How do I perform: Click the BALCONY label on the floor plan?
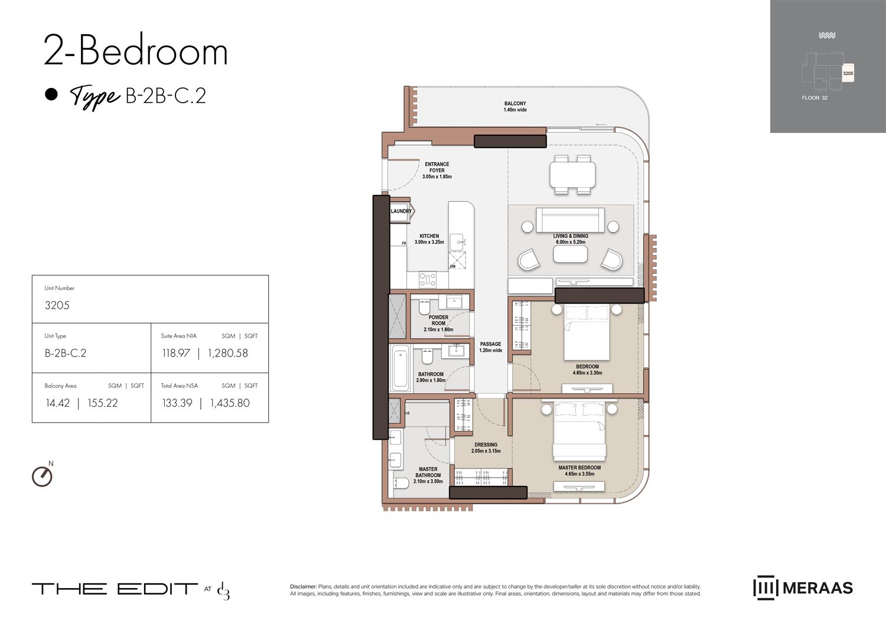coord(514,106)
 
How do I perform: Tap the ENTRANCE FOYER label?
coord(437,170)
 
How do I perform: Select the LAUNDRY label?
coord(401,211)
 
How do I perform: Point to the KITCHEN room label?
coord(429,239)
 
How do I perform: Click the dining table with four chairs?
coord(572,175)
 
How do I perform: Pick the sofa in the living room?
coord(570,220)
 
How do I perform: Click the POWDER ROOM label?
coord(438,323)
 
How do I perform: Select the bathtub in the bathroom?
coord(400,368)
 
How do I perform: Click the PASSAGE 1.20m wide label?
coord(490,347)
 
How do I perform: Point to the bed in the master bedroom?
coord(579,431)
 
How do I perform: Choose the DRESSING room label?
coord(486,448)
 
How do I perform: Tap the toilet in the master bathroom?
coord(400,484)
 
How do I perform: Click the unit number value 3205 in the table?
coord(57,305)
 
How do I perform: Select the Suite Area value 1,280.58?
coord(228,353)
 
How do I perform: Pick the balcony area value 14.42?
coord(58,403)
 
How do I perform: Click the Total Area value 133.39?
coord(177,403)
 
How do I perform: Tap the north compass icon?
coord(42,476)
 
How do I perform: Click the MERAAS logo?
coord(803,588)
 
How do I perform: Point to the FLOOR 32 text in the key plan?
coord(815,98)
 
